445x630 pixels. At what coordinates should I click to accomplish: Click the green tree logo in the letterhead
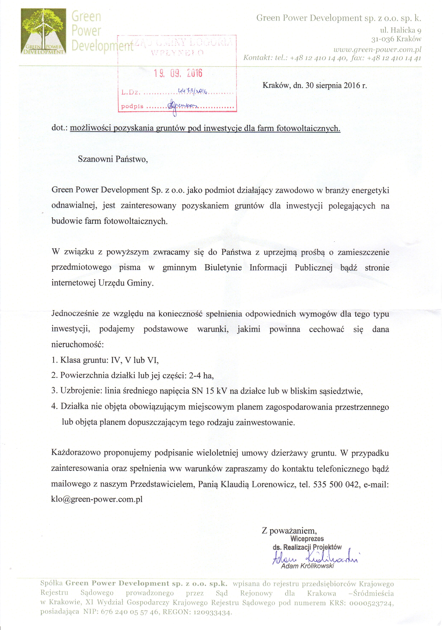click(x=43, y=31)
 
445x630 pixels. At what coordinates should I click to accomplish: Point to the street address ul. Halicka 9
click(x=400, y=30)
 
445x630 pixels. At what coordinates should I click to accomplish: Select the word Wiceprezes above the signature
click(x=307, y=538)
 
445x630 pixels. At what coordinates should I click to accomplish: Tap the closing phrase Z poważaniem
click(x=289, y=530)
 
